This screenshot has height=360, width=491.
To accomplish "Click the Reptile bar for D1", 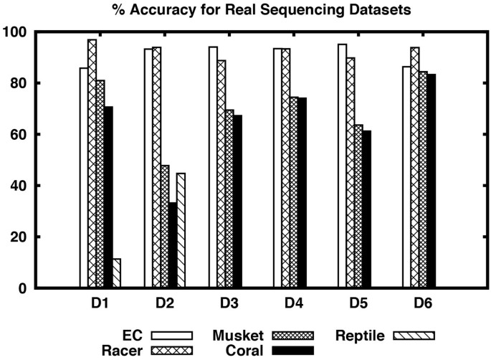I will (x=117, y=273).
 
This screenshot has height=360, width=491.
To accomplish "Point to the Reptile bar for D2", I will (x=181, y=230).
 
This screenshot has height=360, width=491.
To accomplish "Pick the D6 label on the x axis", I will (x=424, y=303).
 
